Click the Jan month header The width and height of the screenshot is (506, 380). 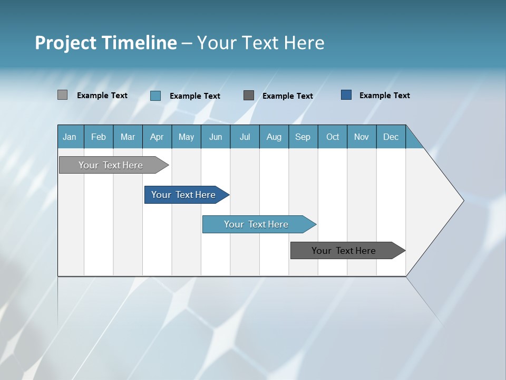(70, 137)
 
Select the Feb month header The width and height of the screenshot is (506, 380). (99, 137)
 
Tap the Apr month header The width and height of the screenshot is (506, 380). (157, 137)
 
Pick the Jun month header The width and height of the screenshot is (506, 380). (215, 137)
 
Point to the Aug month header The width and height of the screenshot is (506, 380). (274, 137)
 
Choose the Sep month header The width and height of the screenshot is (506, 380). (303, 137)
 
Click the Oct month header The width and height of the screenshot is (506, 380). (333, 137)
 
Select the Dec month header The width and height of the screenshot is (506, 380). (391, 137)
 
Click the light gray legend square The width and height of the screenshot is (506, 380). (62, 95)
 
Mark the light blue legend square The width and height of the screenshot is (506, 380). (155, 96)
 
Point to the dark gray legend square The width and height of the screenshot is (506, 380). (249, 95)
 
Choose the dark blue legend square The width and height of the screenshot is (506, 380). (346, 95)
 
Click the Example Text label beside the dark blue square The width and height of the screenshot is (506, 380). (384, 96)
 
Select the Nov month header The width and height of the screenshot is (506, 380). (361, 137)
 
